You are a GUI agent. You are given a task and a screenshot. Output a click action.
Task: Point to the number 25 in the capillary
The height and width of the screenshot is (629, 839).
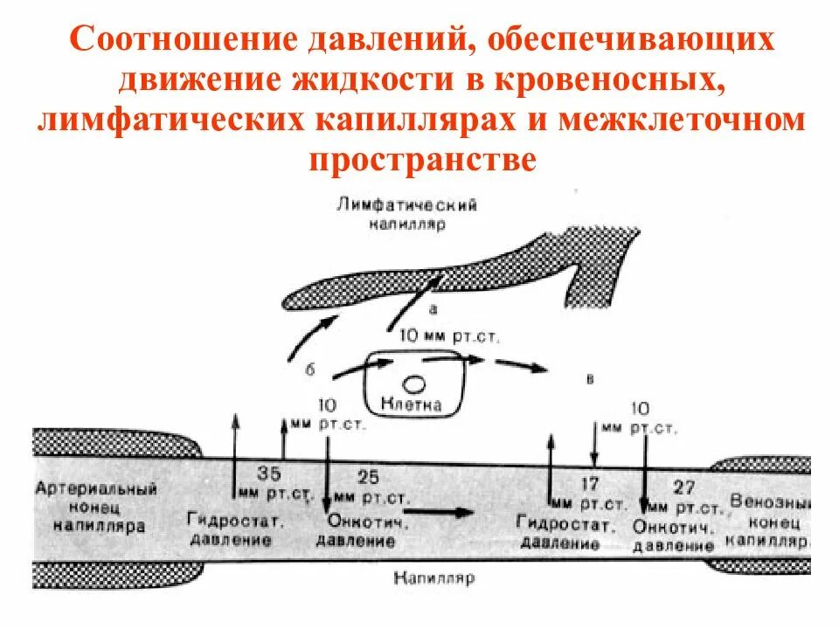(369, 477)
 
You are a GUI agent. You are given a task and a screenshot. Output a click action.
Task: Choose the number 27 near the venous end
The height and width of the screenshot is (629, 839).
(684, 487)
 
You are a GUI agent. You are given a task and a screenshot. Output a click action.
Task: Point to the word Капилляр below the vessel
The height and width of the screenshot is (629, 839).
(433, 579)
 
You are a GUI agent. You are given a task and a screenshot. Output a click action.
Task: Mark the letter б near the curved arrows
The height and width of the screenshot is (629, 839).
(309, 370)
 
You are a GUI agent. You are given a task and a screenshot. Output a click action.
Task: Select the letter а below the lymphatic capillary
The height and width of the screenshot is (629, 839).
(433, 308)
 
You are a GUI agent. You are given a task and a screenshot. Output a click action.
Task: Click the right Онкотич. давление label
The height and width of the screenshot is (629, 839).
(674, 537)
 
